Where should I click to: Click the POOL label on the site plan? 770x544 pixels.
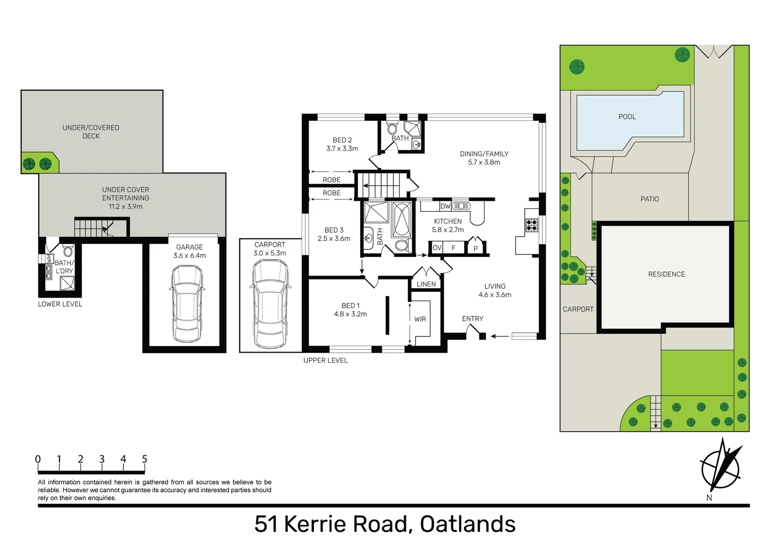pos(627,117)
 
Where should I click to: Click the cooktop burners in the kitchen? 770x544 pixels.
pos(532,225)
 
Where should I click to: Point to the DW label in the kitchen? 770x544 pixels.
pos(445,206)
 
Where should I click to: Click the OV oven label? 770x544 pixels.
pos(437,248)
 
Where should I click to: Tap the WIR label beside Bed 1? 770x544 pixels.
pos(420,319)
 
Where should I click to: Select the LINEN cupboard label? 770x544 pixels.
pos(426,284)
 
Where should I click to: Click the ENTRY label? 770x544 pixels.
pos(472,319)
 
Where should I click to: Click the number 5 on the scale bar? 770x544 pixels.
pos(145,459)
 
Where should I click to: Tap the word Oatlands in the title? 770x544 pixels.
pos(467,524)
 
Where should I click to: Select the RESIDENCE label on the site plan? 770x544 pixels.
pos(666,275)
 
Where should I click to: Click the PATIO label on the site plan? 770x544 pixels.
pos(650,199)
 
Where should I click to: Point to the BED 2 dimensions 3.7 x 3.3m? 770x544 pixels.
pos(342,149)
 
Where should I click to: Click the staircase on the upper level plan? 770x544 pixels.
pos(382,184)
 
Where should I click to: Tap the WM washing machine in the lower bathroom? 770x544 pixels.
pos(49,259)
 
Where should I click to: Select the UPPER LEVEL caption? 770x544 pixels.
pos(325,361)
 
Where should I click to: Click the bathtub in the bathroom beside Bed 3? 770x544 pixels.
pos(401,219)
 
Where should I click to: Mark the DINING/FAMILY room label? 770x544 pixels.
pos(484,154)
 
